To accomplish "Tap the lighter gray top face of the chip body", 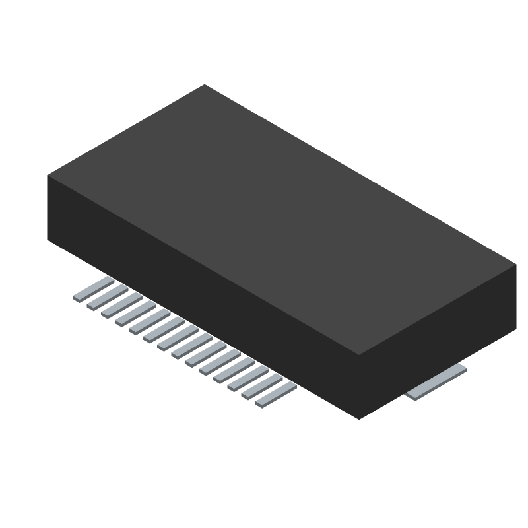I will (280, 218).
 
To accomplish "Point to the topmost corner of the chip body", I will (204, 84).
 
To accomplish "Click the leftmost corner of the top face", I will (48, 175).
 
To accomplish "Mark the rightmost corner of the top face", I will (516, 265).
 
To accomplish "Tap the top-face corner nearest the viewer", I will (359, 355).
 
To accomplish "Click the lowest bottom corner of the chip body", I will (359, 419).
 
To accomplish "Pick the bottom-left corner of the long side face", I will (48, 238).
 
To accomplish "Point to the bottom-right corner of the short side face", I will (516, 328).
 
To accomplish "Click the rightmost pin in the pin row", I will (276, 395).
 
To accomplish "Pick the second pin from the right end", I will (262, 387).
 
